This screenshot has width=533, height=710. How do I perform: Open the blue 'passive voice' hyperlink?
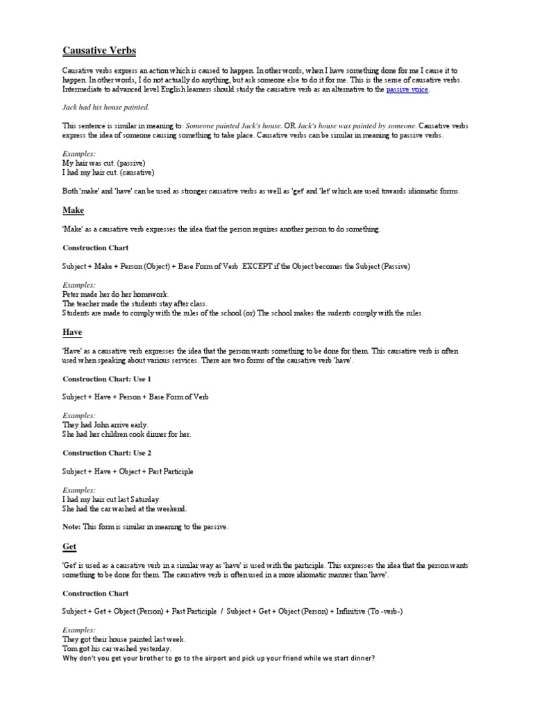click(x=407, y=89)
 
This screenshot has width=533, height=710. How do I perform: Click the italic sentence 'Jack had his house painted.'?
click(x=106, y=107)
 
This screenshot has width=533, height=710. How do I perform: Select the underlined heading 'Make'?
click(x=74, y=210)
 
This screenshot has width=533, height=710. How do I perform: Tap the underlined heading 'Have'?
click(x=72, y=332)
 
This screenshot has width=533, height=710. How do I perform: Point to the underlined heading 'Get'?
click(x=69, y=546)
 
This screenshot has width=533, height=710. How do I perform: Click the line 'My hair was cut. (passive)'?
click(x=104, y=163)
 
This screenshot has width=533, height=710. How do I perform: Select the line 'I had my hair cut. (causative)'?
click(x=108, y=172)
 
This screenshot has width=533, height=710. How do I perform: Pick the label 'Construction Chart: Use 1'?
click(x=107, y=379)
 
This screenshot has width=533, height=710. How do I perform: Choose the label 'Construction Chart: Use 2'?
click(x=107, y=453)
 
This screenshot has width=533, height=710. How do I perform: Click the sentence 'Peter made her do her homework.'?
click(x=115, y=294)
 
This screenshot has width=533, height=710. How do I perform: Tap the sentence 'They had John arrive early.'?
click(x=105, y=424)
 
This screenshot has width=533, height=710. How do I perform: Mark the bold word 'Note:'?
click(x=71, y=527)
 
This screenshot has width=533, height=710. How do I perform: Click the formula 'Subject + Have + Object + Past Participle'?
click(x=128, y=471)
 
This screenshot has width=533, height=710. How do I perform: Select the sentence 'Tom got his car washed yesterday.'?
click(x=117, y=649)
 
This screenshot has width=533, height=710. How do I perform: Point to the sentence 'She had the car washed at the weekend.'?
click(x=125, y=508)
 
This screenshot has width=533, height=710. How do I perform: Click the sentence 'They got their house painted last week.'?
click(x=124, y=639)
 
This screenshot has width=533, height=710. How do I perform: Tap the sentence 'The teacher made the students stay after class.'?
click(x=135, y=304)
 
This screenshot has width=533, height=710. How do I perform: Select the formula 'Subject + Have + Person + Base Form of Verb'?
click(x=135, y=397)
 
